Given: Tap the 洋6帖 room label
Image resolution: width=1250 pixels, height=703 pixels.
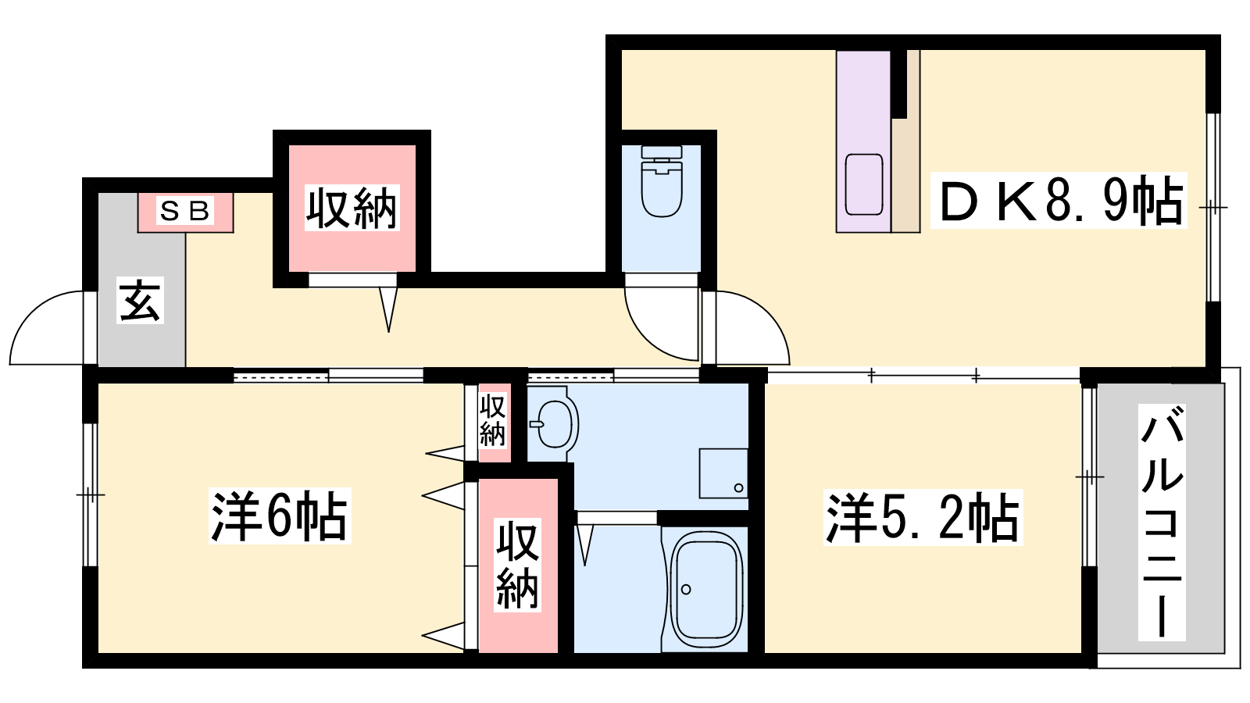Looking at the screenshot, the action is [x=280, y=516].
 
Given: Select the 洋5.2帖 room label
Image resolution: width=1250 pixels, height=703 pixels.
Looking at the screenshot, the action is [x=923, y=517].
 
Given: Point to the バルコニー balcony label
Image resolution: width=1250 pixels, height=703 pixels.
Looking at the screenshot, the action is [x=1161, y=523].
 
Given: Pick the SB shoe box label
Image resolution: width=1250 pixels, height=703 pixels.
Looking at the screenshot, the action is [x=185, y=211].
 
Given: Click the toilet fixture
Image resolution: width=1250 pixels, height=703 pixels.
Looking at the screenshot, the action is [x=662, y=180].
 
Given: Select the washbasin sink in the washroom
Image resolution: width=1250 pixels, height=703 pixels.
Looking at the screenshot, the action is [x=554, y=424].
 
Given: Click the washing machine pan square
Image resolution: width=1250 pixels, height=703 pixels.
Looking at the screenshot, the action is [x=723, y=473].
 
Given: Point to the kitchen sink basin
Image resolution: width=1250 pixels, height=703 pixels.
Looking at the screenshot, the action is [x=864, y=184].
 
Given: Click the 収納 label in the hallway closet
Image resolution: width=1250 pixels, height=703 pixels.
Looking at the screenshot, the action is [x=352, y=208].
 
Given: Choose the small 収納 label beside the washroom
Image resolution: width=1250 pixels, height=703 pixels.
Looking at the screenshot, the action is [x=492, y=419].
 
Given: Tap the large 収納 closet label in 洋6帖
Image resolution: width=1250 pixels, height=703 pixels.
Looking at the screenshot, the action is [x=517, y=565].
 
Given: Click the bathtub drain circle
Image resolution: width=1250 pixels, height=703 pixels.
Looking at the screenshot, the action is [x=686, y=589].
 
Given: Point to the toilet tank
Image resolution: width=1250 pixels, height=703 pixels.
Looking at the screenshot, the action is [x=662, y=152].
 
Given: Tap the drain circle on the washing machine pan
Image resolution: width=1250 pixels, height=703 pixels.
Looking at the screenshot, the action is [x=738, y=488].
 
